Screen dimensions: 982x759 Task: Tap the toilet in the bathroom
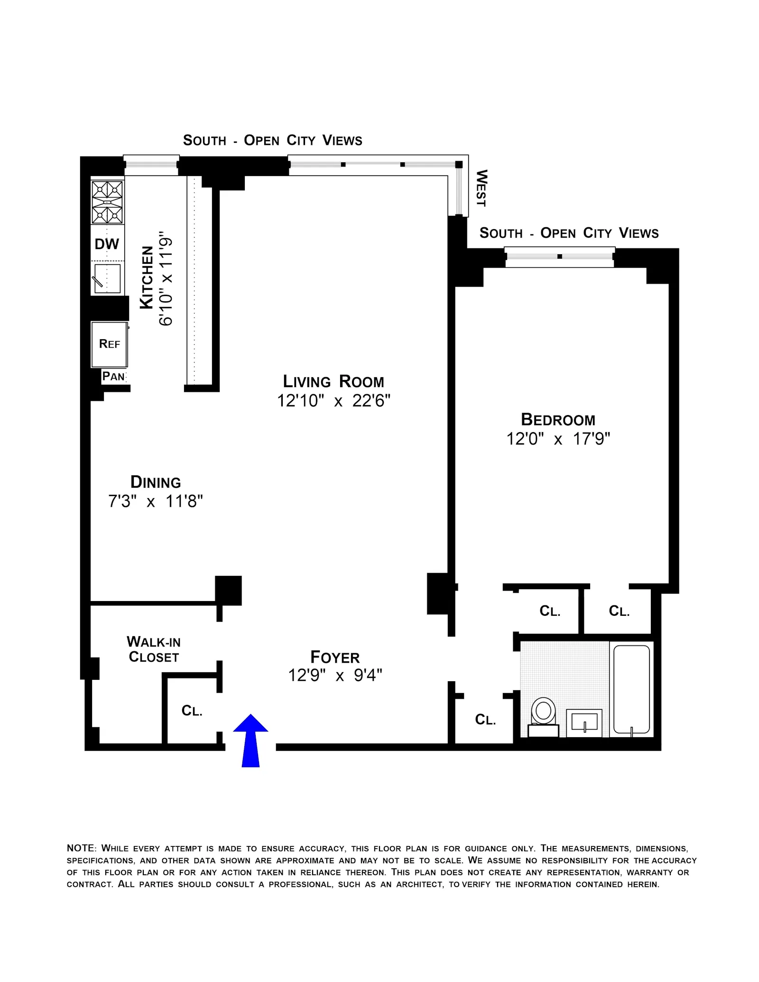[x=543, y=716]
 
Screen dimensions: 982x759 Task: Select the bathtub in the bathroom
[x=631, y=689]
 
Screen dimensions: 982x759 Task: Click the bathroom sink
[x=584, y=723]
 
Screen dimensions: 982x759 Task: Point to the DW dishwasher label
[x=107, y=244]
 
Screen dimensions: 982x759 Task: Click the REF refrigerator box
[x=109, y=344]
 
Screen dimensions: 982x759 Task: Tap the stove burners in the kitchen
[x=107, y=203]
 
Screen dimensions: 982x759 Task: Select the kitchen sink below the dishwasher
[x=107, y=278]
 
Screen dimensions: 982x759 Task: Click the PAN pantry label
[x=113, y=377]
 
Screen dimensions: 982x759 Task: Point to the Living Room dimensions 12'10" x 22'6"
[x=333, y=401]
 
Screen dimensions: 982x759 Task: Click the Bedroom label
[x=558, y=420]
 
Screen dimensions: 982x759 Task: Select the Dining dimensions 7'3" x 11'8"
[x=156, y=501]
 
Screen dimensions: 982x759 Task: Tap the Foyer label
[x=335, y=658]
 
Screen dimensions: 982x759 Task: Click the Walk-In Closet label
[x=154, y=649]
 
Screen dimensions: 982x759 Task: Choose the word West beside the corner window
[x=481, y=188]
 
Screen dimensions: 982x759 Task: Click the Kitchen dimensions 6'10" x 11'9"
[x=166, y=279]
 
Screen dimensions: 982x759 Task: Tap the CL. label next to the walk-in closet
[x=192, y=711]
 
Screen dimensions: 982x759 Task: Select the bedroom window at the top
[x=560, y=257]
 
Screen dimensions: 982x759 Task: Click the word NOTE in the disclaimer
[x=81, y=848]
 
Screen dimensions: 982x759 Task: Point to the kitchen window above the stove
[x=151, y=165]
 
